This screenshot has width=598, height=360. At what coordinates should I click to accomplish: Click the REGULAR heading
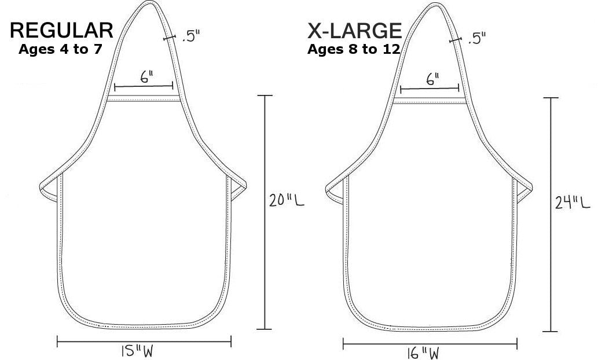(x=61, y=31)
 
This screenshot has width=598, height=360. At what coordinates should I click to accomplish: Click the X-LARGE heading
(x=355, y=31)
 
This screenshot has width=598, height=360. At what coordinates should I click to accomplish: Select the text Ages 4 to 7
(x=60, y=49)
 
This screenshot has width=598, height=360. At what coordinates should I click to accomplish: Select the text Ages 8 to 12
(x=354, y=49)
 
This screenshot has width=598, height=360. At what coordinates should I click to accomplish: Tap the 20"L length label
(x=287, y=200)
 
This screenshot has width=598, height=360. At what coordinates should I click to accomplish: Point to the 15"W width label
(x=137, y=351)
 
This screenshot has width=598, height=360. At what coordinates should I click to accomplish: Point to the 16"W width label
(x=423, y=353)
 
